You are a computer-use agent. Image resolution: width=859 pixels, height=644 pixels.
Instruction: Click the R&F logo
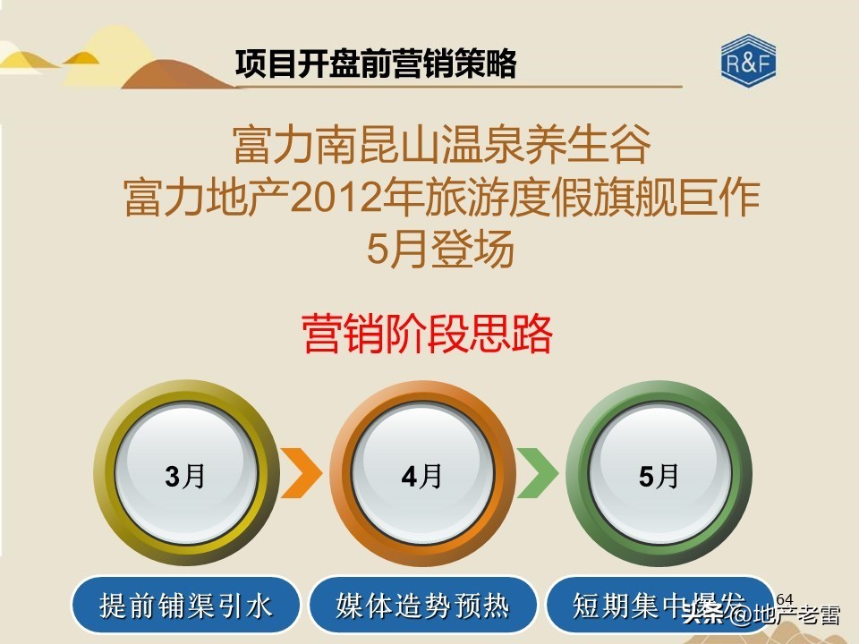[748, 63]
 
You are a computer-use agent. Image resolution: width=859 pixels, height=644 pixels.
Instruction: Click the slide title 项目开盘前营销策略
[376, 64]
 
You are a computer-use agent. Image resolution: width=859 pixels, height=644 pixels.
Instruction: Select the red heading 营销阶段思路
[428, 335]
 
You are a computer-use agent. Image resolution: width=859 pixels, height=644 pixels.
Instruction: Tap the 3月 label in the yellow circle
[185, 476]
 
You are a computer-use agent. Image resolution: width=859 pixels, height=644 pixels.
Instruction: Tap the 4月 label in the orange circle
[421, 476]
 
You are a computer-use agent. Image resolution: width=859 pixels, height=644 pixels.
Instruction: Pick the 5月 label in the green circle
[659, 476]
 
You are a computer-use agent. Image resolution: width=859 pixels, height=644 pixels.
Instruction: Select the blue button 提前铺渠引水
[186, 606]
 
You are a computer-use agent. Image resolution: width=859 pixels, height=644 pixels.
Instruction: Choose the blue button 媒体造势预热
[422, 606]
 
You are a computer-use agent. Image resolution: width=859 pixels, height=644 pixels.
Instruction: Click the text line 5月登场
[441, 250]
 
